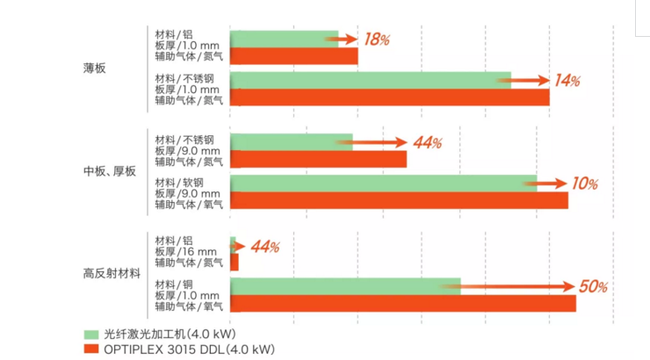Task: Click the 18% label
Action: click(377, 40)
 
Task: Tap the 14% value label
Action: click(567, 81)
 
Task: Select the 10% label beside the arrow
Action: click(585, 184)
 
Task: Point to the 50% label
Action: click(594, 287)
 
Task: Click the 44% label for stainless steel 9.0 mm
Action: click(427, 142)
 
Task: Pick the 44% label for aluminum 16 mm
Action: click(264, 247)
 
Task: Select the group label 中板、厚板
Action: click(110, 171)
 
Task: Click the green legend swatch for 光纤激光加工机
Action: click(90, 335)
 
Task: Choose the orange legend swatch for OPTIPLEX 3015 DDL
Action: click(90, 349)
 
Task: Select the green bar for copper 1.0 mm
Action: click(345, 286)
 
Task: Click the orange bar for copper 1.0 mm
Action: click(402, 303)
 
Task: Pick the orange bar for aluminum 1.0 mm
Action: click(293, 56)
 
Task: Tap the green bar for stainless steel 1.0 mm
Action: click(370, 80)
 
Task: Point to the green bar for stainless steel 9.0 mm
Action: click(291, 142)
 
